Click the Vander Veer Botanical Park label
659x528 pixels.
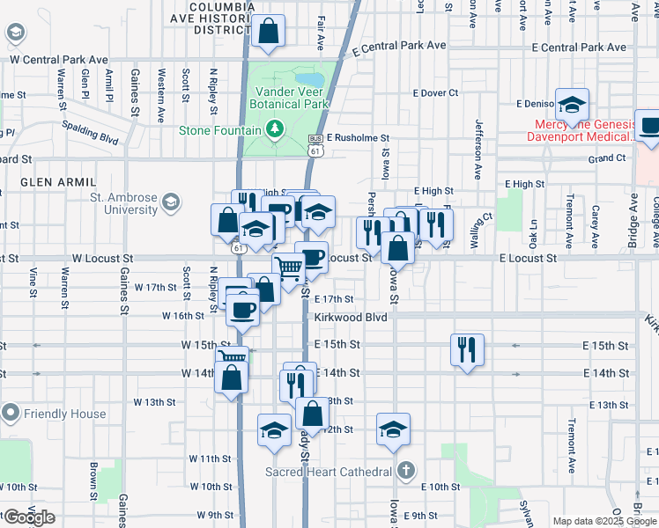coord(292,97)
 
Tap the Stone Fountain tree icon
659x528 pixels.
coord(275,130)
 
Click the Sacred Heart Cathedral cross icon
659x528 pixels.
coord(404,470)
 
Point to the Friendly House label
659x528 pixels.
coord(65,414)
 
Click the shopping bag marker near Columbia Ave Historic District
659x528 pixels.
coord(269,31)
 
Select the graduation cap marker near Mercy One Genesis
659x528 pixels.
coord(573,104)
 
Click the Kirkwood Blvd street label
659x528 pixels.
coord(352,317)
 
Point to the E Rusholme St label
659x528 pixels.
coord(358,138)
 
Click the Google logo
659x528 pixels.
coord(29,517)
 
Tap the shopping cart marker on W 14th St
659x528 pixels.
coord(231,356)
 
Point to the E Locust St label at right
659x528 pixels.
coord(528,259)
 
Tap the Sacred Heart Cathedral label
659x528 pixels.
coord(328,472)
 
